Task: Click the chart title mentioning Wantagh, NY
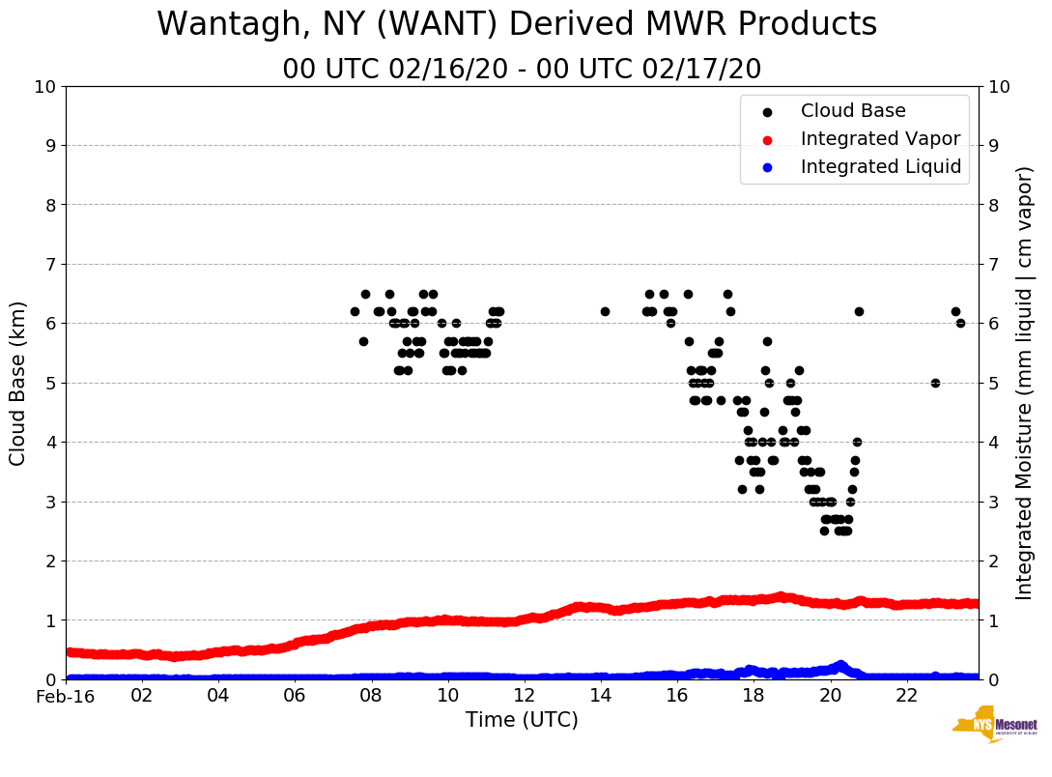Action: (517, 25)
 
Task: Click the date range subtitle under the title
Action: (522, 70)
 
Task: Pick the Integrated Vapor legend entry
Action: (880, 139)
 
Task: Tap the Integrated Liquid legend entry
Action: (880, 167)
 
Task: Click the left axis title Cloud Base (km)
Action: (18, 383)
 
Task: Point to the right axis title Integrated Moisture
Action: (1024, 383)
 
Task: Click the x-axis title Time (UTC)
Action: (522, 720)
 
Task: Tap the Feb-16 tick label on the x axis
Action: (66, 696)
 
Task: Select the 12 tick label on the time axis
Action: (524, 696)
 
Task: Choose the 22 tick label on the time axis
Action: (906, 696)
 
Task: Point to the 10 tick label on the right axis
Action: (999, 87)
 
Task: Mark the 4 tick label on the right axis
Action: (993, 443)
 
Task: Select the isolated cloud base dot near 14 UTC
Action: (605, 311)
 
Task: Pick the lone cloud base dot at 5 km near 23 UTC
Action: (935, 383)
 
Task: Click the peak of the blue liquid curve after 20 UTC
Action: (840, 665)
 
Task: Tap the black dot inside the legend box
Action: (767, 112)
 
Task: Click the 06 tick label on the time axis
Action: (295, 696)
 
